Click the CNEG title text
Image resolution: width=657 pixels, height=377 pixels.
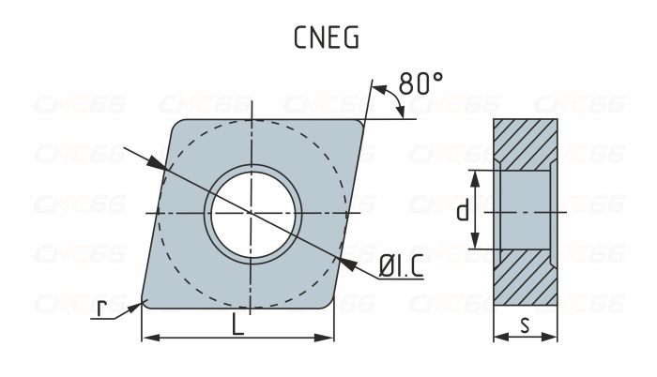(x=328, y=39)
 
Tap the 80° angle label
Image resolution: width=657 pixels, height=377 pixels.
(x=420, y=83)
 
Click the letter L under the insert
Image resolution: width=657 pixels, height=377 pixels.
(x=239, y=324)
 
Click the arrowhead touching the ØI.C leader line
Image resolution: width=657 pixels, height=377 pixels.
(x=348, y=264)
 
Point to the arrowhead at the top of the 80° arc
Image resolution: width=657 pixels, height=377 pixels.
(x=378, y=90)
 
